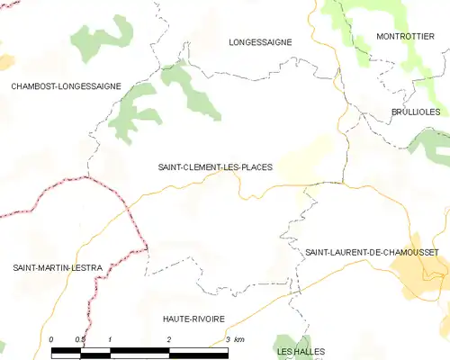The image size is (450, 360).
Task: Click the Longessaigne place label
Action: [x=262, y=41]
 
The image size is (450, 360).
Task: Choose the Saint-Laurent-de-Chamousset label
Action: [x=372, y=253]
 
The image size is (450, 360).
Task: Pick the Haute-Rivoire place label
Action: [x=193, y=319]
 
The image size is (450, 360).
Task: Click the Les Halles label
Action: [x=301, y=350]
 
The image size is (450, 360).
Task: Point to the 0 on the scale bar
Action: [x=51, y=339]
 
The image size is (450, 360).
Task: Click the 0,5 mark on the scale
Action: [x=80, y=339]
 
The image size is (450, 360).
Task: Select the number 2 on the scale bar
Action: [x=169, y=339]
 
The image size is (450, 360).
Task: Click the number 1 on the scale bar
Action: [x=110, y=339]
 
